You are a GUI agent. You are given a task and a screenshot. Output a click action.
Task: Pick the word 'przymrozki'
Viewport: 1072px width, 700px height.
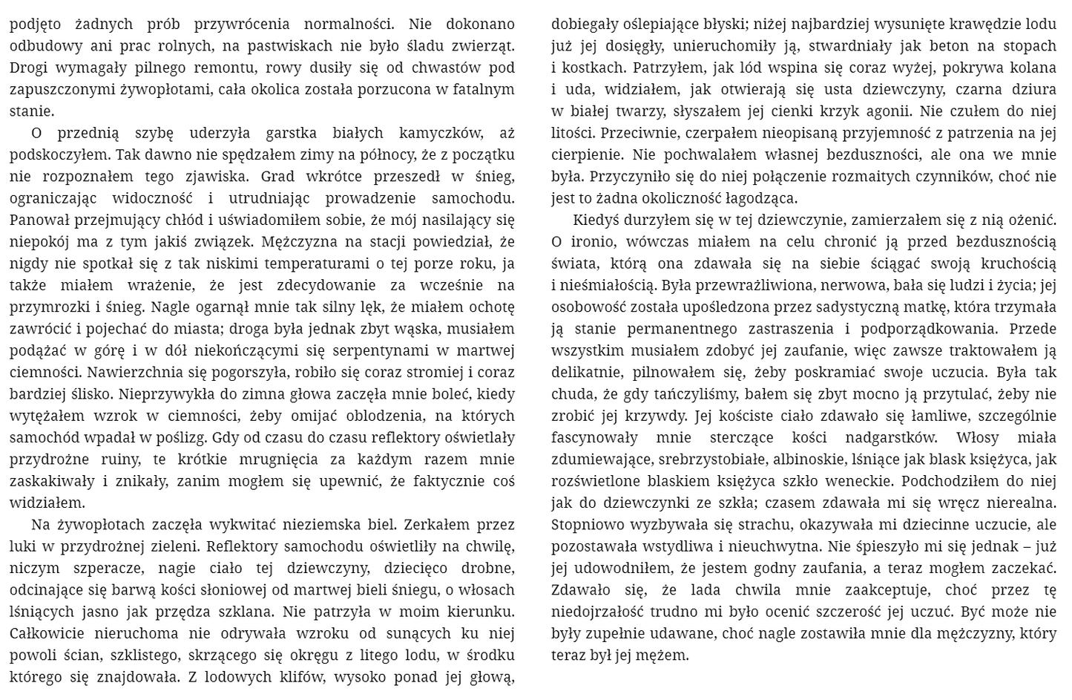(45, 307)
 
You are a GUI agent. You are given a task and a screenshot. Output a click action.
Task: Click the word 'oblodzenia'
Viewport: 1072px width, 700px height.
(385, 416)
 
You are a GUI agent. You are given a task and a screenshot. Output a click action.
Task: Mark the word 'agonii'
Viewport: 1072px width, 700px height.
(886, 111)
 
